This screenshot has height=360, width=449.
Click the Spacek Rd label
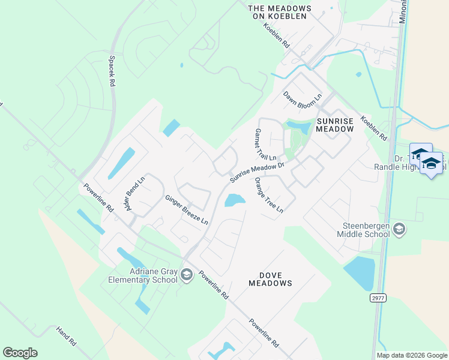pyautogui.click(x=111, y=71)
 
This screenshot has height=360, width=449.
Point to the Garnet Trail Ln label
pyautogui.click(x=265, y=145)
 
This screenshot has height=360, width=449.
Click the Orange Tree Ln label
pyautogui.click(x=268, y=195)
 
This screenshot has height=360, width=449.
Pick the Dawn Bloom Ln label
pyautogui.click(x=303, y=96)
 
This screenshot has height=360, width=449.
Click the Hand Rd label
pyautogui.click(x=66, y=336)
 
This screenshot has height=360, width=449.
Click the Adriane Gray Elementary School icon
pyautogui.click(x=187, y=275)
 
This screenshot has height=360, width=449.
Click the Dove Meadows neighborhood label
pyautogui.click(x=270, y=278)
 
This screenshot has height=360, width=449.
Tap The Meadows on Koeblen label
pyautogui.click(x=280, y=11)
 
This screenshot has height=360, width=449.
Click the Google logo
pyautogui.click(x=20, y=353)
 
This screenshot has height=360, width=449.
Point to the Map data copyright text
pyautogui.click(x=412, y=355)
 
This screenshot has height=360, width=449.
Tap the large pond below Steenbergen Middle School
pyautogui.click(x=360, y=273)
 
